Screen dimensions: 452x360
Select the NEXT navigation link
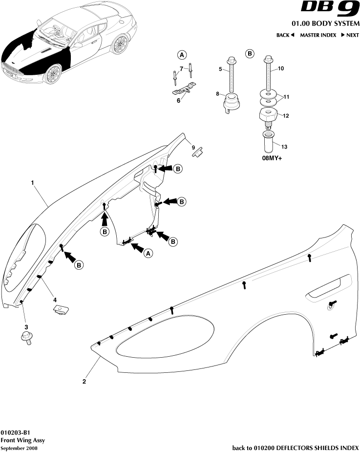[350, 35]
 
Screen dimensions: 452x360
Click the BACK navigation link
[285, 35]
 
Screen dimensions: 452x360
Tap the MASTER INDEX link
[318, 35]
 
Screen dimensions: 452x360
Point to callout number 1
[32, 183]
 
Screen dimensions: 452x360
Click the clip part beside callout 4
[61, 309]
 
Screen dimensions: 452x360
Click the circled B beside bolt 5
[250, 53]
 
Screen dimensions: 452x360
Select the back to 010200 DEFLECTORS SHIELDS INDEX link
[295, 448]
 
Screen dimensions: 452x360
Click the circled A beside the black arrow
[148, 252]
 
